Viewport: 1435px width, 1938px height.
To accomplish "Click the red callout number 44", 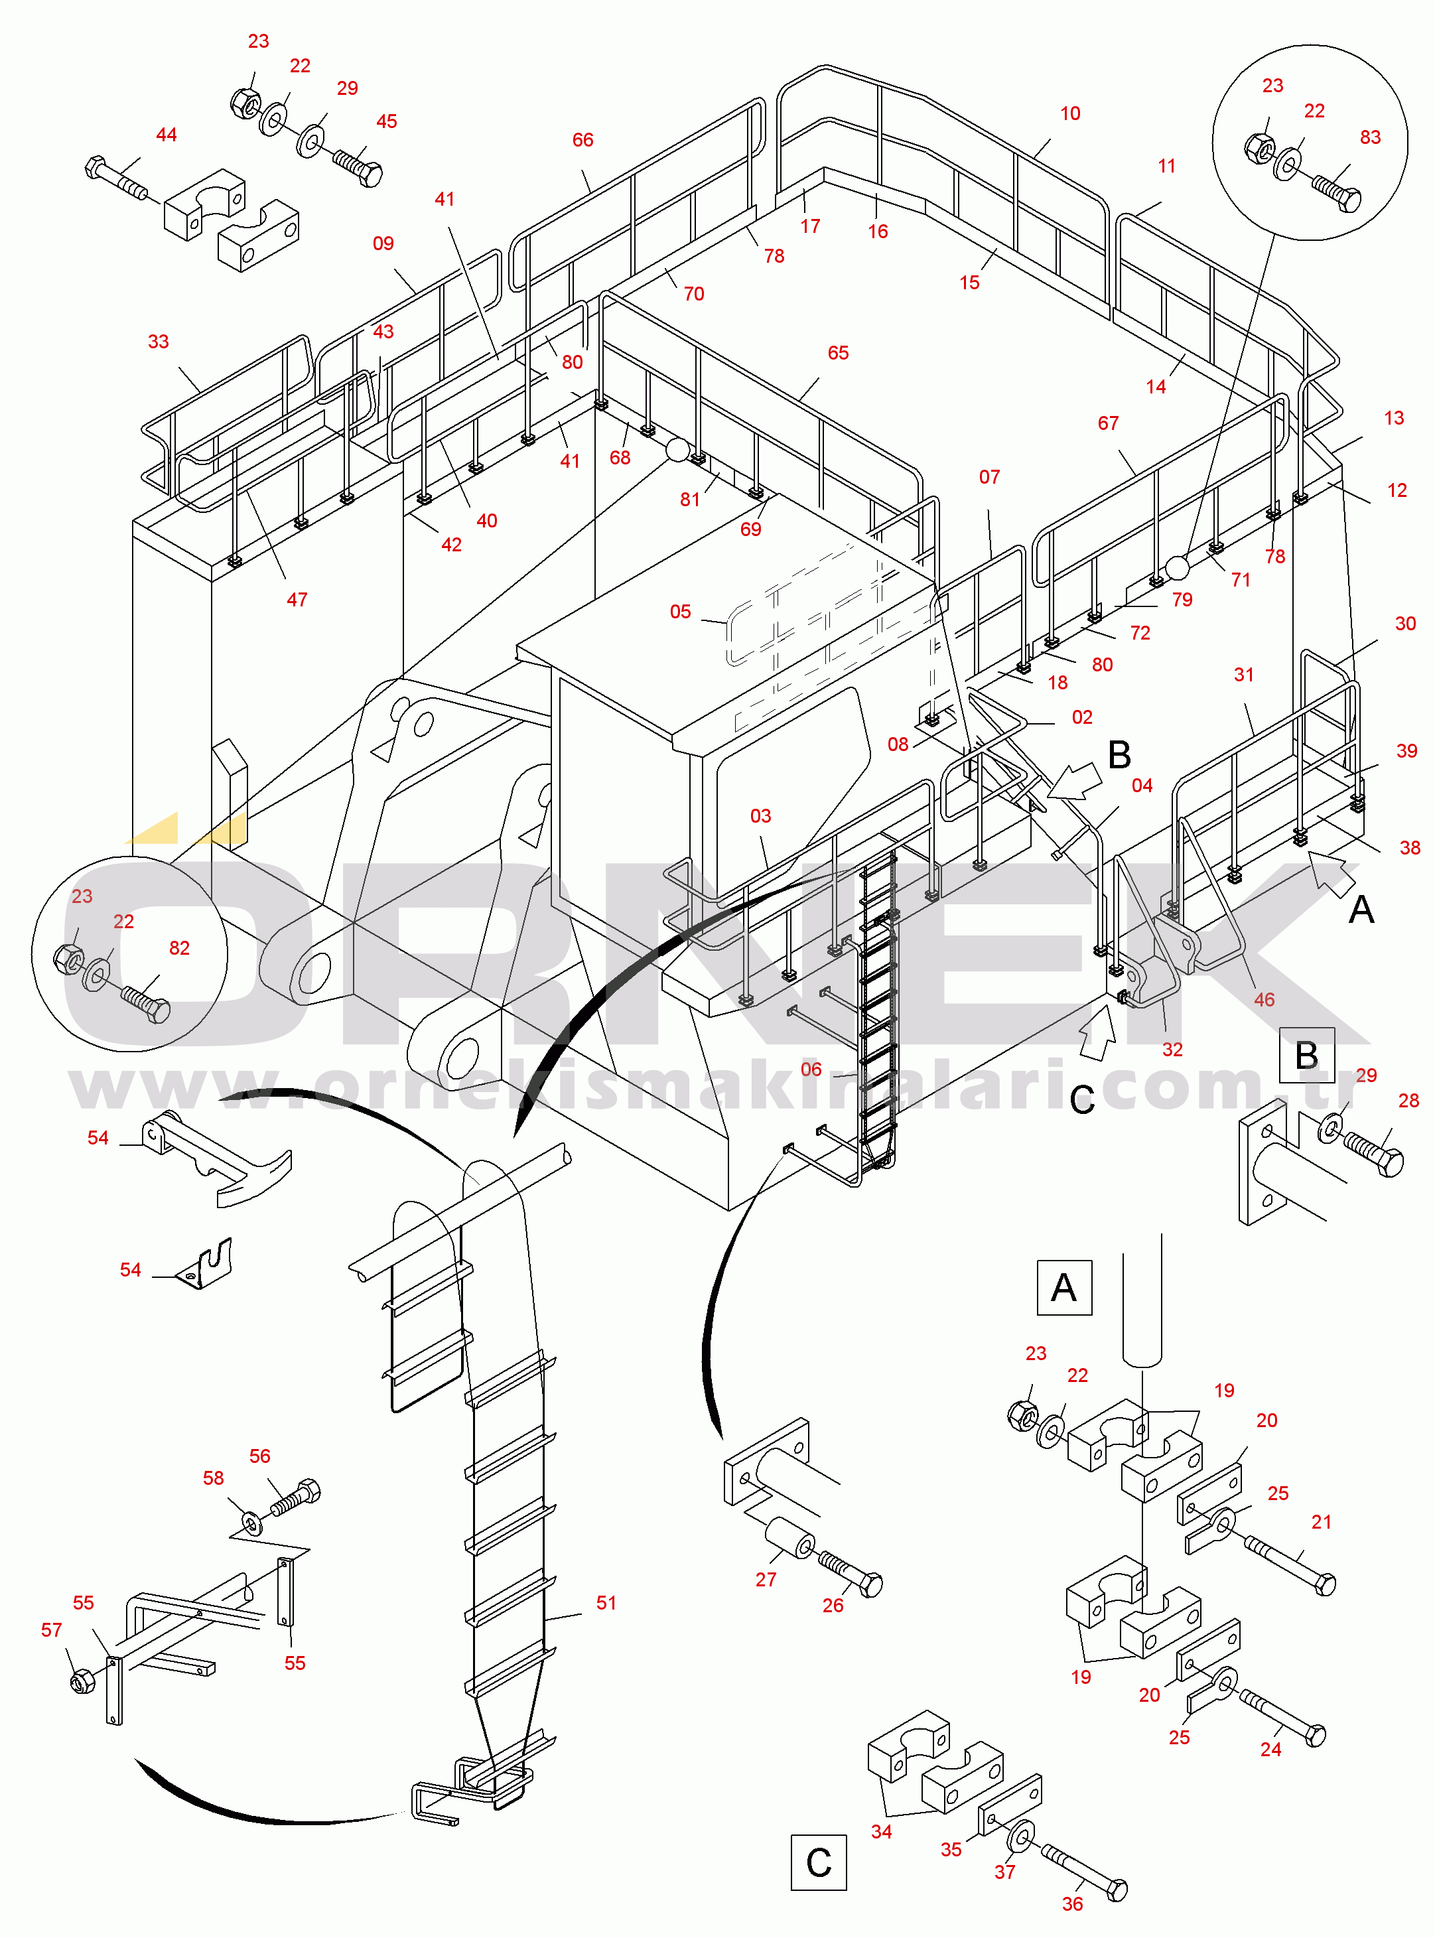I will (x=166, y=135).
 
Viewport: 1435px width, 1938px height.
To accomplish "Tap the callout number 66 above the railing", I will (x=583, y=140).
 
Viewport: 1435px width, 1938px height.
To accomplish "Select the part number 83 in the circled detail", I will (x=1370, y=137).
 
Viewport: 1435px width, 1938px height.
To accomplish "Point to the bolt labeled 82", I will (x=147, y=1005).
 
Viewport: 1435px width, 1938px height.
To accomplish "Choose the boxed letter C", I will (x=818, y=1862).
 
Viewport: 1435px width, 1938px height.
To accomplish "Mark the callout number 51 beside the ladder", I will (x=606, y=1603).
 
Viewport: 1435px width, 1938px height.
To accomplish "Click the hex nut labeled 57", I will (x=82, y=1682).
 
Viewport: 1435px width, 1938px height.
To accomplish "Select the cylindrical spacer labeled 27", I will (x=789, y=1539).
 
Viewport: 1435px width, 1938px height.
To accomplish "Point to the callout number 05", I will (x=680, y=612).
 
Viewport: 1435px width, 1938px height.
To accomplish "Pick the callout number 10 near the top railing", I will (x=1070, y=114).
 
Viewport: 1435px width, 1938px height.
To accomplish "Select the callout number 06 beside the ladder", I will (x=811, y=1070).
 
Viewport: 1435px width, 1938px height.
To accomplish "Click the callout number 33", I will (x=158, y=342).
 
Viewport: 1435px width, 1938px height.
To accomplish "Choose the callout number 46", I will (x=1264, y=1000).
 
